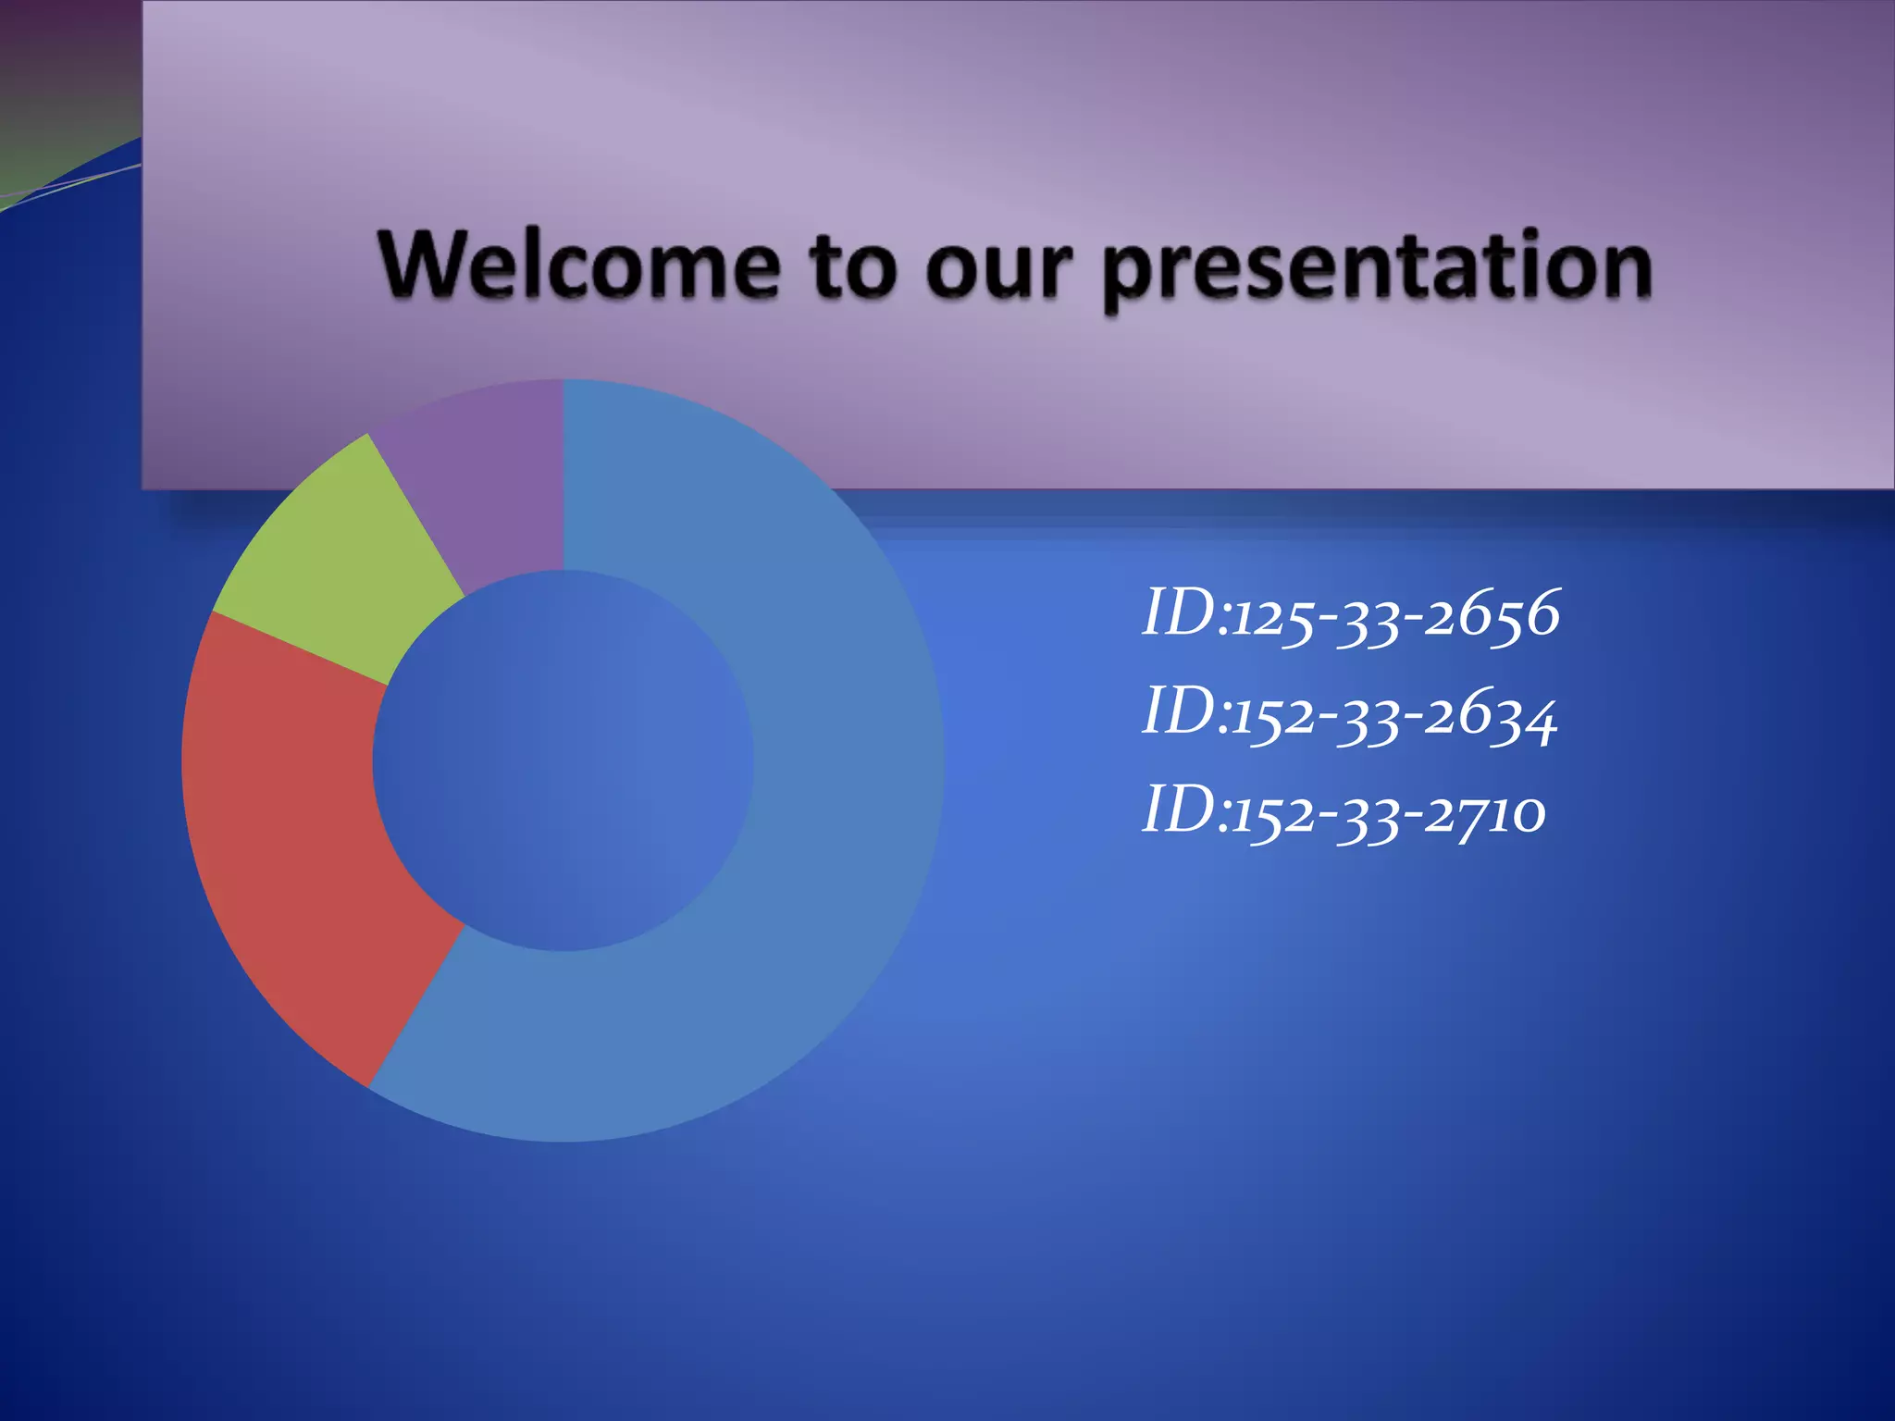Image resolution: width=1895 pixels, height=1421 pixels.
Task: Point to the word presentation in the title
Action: (x=1377, y=270)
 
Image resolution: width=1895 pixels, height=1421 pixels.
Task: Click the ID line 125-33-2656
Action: (x=1351, y=615)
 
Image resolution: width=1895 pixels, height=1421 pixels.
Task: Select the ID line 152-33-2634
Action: (x=1350, y=714)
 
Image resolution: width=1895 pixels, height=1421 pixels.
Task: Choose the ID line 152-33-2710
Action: (x=1344, y=812)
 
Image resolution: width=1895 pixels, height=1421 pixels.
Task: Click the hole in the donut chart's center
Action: (x=563, y=760)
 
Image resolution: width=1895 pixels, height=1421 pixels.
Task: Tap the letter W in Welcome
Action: (x=430, y=266)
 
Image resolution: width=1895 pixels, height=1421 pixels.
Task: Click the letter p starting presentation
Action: (x=1128, y=281)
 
